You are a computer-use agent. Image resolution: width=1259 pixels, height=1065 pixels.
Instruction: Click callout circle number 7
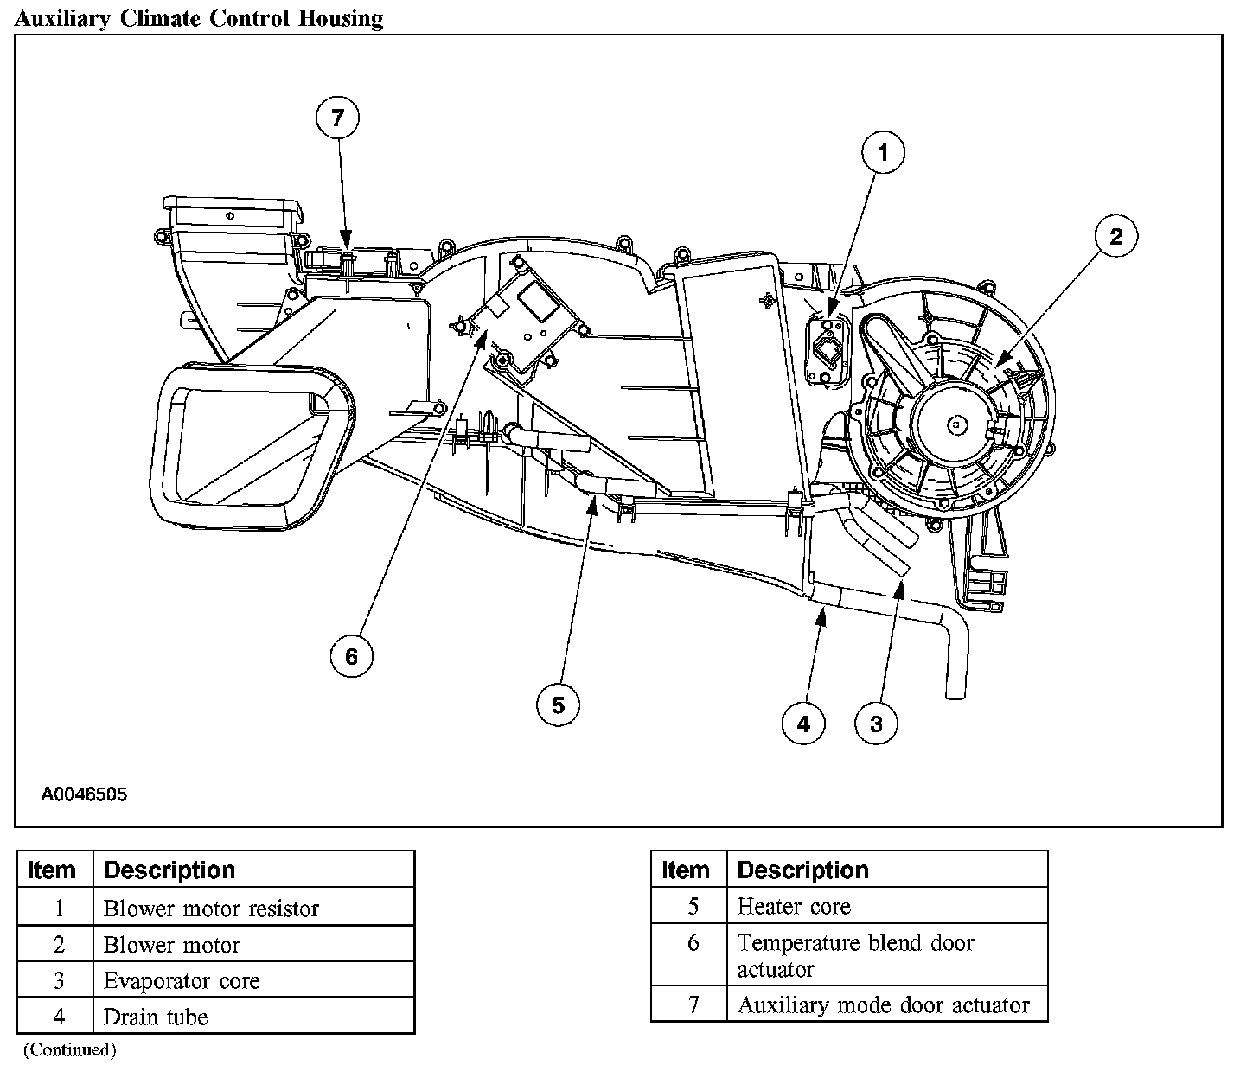click(337, 118)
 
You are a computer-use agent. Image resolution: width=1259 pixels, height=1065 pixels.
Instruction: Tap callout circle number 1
click(883, 154)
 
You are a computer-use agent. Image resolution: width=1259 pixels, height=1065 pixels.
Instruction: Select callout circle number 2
click(1115, 236)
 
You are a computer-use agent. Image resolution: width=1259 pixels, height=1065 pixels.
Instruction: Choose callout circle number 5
click(558, 705)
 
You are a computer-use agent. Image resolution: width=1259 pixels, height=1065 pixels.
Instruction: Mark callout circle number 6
click(351, 656)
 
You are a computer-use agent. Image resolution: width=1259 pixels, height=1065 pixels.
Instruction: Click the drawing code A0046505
click(84, 794)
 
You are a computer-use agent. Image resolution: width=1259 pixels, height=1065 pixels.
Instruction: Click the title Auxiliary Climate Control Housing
click(199, 18)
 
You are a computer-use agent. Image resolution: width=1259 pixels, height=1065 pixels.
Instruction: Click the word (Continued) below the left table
click(69, 1049)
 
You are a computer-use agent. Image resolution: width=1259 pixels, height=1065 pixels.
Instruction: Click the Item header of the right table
click(686, 870)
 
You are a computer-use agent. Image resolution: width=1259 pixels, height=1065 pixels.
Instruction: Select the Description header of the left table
click(169, 870)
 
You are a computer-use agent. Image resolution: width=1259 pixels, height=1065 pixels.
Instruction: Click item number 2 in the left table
click(58, 945)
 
